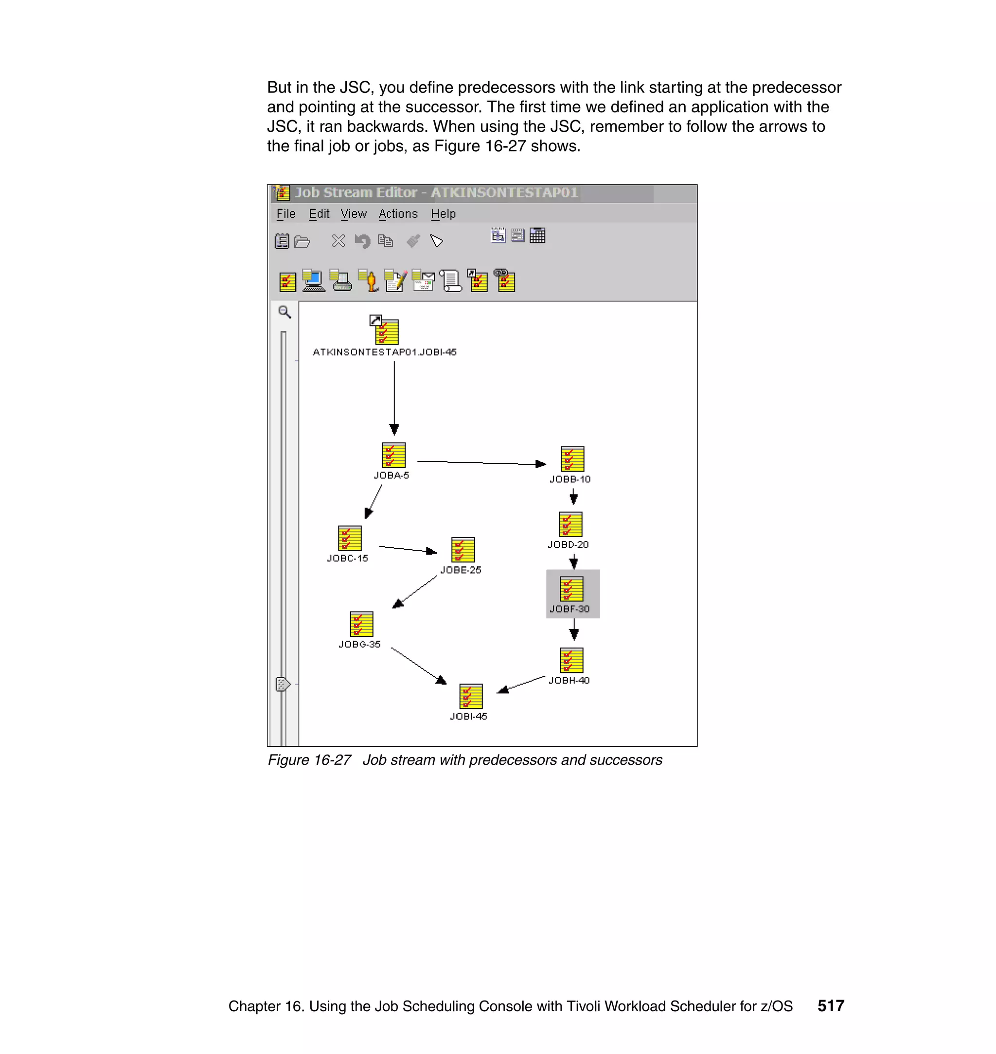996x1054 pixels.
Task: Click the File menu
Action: pyautogui.click(x=285, y=214)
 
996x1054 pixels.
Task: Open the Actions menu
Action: pyautogui.click(x=398, y=214)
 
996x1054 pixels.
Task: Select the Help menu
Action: pyautogui.click(x=443, y=214)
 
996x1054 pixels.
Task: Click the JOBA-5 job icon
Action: pyautogui.click(x=393, y=456)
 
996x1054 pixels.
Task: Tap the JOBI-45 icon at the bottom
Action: pyautogui.click(x=470, y=696)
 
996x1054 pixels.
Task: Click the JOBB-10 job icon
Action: pyautogui.click(x=572, y=459)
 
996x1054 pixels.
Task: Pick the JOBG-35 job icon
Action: pyautogui.click(x=361, y=624)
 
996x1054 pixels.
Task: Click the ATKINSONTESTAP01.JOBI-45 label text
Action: pyautogui.click(x=384, y=352)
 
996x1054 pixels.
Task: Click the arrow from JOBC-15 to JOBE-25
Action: pyautogui.click(x=407, y=549)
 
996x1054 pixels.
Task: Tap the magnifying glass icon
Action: pyautogui.click(x=285, y=312)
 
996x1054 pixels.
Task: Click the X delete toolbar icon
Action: pyautogui.click(x=338, y=241)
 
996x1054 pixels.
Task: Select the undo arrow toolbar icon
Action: pyautogui.click(x=362, y=242)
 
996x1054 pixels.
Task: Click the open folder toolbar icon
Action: pyautogui.click(x=302, y=242)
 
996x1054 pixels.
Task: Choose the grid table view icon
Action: pyautogui.click(x=537, y=235)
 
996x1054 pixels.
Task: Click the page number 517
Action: pyautogui.click(x=830, y=1006)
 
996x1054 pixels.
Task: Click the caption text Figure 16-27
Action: pyautogui.click(x=309, y=760)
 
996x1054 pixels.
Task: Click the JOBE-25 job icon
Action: pyautogui.click(x=462, y=550)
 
